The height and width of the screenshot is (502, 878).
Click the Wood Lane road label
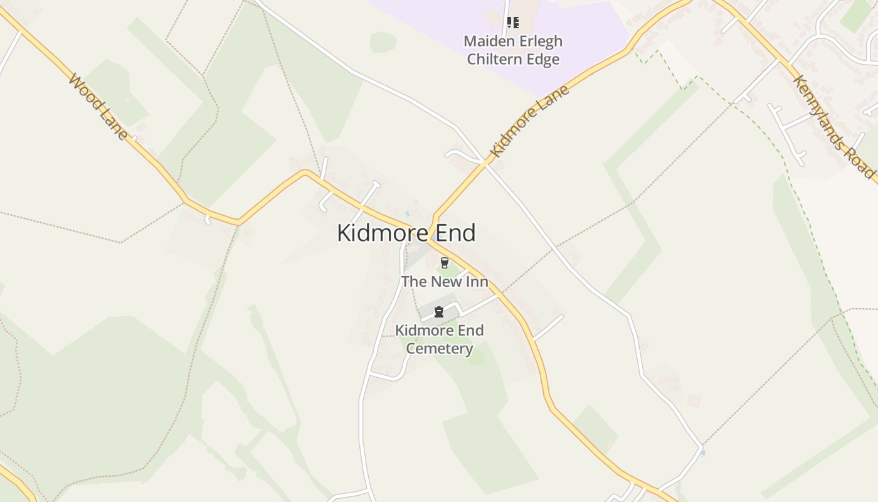[x=99, y=107]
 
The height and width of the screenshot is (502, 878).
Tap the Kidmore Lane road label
[x=530, y=121]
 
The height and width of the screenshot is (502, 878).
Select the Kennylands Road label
[x=833, y=125]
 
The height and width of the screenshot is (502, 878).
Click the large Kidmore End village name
[x=406, y=233]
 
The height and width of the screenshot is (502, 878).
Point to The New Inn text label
[x=445, y=281]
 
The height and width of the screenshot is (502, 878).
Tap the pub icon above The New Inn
[x=445, y=263]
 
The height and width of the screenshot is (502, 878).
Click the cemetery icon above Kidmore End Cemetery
[x=439, y=312]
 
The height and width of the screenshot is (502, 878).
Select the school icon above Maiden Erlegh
[x=513, y=23]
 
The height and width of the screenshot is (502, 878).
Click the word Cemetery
[x=439, y=348]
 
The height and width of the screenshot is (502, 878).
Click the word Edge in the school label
[x=543, y=60]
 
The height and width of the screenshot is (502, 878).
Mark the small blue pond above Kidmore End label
[x=407, y=214]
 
